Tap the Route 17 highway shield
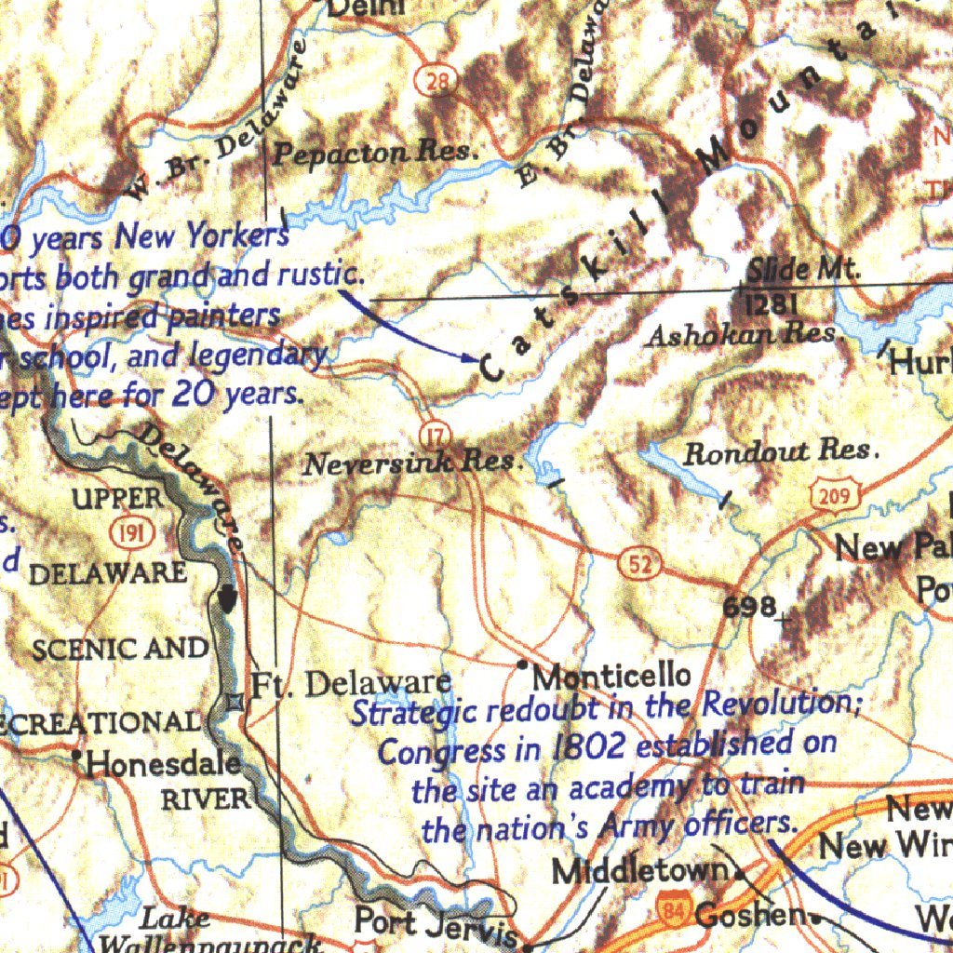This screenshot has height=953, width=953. [435, 434]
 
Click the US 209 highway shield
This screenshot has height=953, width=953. [833, 496]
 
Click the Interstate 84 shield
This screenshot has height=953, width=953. [672, 909]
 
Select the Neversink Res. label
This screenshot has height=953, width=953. [410, 462]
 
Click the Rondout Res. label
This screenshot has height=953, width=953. [780, 452]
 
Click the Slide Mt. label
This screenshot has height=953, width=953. [803, 271]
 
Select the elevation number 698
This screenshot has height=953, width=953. [750, 607]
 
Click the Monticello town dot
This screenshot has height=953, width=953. [523, 664]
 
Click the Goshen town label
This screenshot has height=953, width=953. [751, 916]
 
